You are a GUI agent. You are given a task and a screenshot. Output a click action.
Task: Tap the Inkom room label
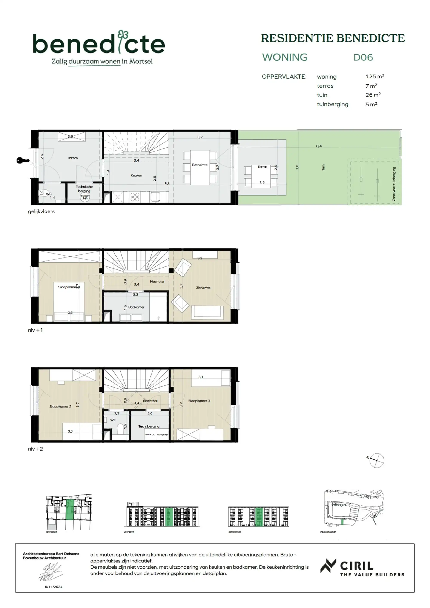73,158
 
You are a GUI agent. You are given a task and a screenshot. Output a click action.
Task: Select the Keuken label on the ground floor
136,175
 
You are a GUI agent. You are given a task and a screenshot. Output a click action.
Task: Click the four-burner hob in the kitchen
135,197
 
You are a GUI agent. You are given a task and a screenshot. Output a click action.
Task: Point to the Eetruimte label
200,165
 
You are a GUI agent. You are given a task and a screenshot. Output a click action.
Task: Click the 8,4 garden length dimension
319,146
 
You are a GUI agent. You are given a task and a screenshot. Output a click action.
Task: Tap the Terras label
262,167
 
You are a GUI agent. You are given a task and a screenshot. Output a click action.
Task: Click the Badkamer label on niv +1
136,307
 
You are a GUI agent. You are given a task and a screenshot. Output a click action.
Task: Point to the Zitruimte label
203,288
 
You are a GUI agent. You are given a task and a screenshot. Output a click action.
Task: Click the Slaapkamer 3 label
199,401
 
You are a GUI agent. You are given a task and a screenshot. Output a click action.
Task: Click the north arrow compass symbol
376,460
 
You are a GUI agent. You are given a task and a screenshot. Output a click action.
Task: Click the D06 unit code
363,57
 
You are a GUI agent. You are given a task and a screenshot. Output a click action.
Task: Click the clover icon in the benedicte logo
123,34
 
